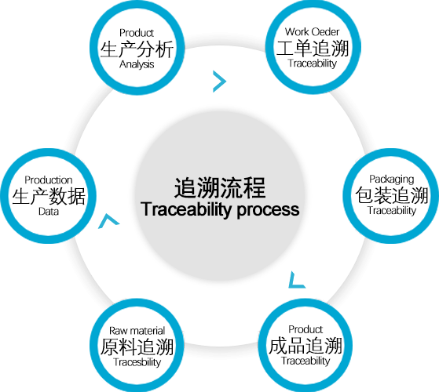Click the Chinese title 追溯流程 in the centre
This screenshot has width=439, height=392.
pos(220,187)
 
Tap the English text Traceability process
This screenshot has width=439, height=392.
pos(220,209)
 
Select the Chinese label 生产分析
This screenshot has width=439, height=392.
pos(137,49)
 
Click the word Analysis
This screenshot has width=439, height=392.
pos(137,64)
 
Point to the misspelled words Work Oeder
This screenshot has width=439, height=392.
pos(313,32)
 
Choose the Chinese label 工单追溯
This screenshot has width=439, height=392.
pos(313,48)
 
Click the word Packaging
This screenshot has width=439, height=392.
pos(391,180)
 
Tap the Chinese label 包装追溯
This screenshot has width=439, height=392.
pos(392,195)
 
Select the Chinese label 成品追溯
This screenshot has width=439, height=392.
pos(305,346)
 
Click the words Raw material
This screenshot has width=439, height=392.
pos(137,331)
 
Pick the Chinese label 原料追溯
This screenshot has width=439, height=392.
pos(137,347)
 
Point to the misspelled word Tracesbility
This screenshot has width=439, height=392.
pos(137,362)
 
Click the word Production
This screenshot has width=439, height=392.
pos(49,180)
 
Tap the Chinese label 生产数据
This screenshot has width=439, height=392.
pos(49,196)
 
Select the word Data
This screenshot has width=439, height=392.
pos(49,212)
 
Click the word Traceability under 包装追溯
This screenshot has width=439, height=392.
pos(392,211)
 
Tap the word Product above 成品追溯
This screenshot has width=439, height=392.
pos(305,329)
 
